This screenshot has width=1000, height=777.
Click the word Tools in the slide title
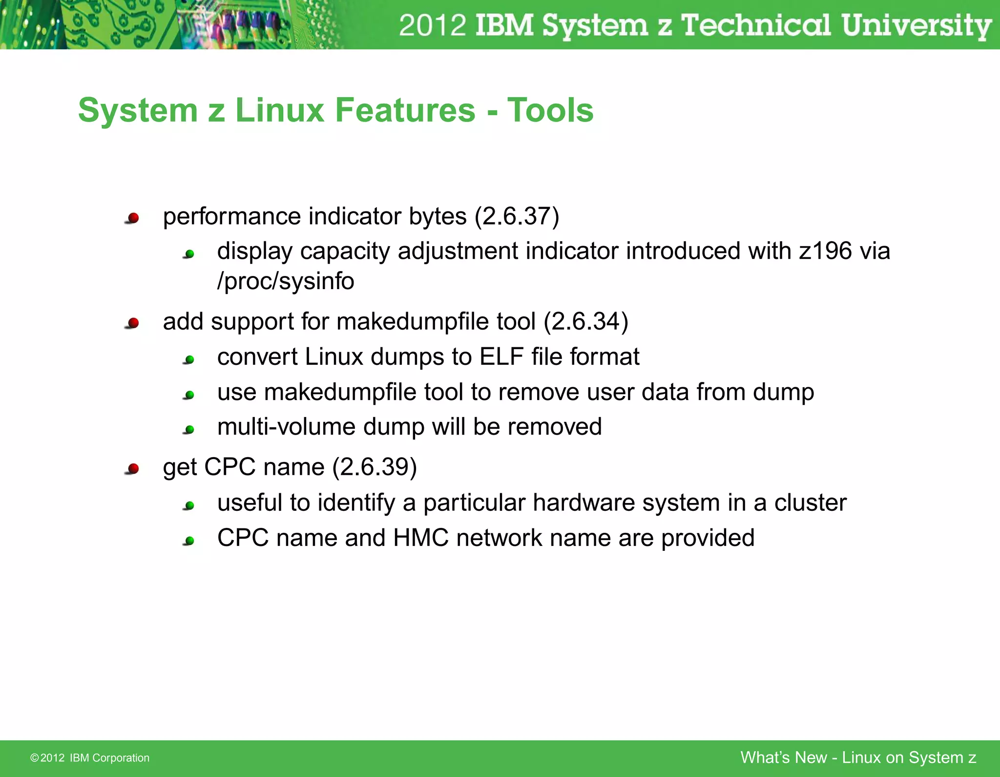point(550,110)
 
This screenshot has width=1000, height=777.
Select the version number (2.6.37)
point(517,216)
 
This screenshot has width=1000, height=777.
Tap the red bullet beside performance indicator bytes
point(132,218)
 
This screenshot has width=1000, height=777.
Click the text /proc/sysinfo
point(286,281)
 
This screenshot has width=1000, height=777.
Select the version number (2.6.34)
point(585,322)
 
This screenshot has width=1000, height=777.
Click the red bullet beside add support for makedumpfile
point(132,323)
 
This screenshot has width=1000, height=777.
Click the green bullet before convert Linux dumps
point(189,360)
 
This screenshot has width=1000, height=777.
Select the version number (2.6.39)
point(375,467)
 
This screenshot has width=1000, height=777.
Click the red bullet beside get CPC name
point(132,469)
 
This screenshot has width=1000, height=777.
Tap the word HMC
point(420,538)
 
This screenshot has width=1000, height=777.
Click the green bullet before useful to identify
point(189,506)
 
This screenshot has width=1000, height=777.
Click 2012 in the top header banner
point(432,25)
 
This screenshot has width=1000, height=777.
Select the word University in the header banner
point(916,25)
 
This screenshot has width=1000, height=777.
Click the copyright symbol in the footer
point(34,758)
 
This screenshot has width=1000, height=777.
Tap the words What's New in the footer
point(783,757)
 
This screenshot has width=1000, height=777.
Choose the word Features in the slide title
point(405,110)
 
